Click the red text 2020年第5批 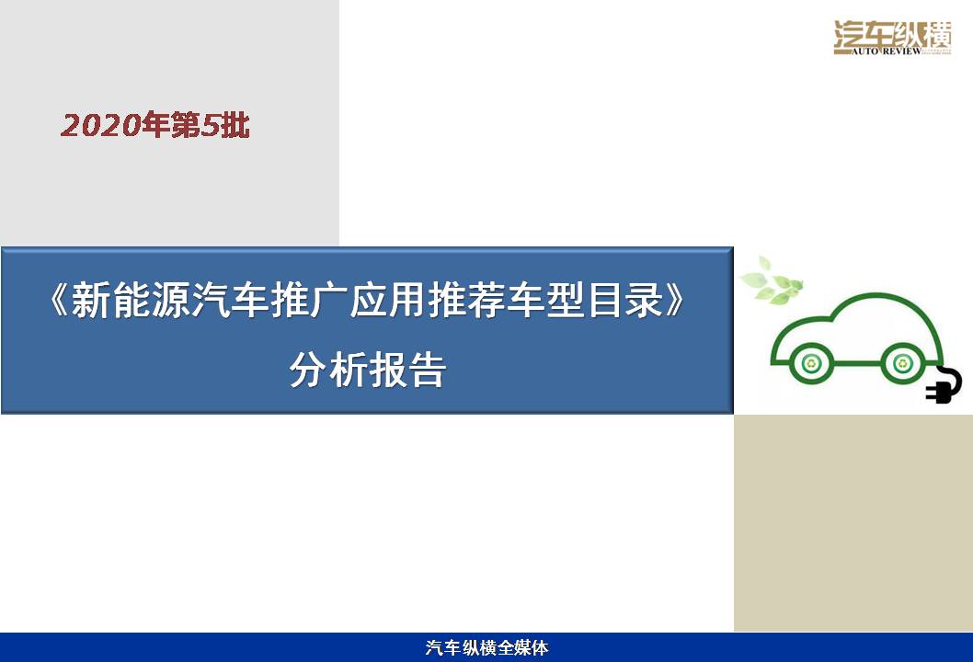click(155, 125)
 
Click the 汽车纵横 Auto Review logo click(892, 38)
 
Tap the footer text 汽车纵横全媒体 click(487, 647)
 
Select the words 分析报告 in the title click(368, 371)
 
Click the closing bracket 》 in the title click(675, 300)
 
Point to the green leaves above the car click(772, 282)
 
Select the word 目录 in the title click(625, 300)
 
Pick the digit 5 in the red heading click(211, 126)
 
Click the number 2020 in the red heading click(101, 126)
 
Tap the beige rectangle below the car click(853, 523)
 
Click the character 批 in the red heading click(235, 126)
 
